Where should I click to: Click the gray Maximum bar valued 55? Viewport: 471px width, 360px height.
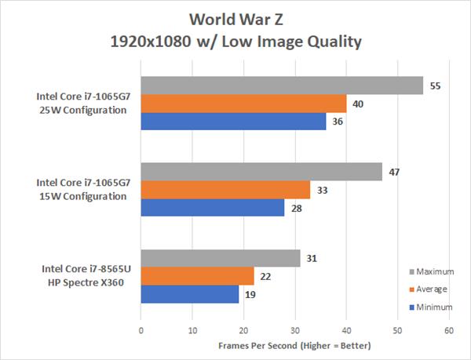(282, 85)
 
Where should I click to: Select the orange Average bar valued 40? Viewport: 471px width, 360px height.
(243, 104)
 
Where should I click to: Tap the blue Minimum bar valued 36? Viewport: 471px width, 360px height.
(233, 122)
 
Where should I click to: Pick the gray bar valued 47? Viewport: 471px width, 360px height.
(261, 172)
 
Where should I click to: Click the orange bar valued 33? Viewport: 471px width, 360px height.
(225, 190)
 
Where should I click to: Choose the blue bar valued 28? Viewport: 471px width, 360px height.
(213, 208)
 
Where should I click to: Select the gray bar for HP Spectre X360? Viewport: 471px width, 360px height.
(221, 258)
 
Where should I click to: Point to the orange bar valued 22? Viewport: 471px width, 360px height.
(197, 276)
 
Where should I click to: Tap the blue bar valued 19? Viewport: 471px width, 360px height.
(189, 294)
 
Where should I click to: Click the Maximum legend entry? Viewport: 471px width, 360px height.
(431, 271)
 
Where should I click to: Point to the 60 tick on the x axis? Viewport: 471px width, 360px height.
(449, 331)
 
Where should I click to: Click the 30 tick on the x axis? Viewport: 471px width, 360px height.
(295, 331)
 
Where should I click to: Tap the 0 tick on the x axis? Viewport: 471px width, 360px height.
(141, 331)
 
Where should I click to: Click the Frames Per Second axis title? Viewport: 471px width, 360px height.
(294, 346)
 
